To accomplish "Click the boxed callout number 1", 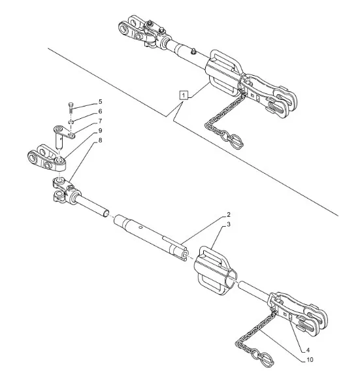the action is pyautogui.click(x=184, y=95).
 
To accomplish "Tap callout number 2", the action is pyautogui.click(x=229, y=215).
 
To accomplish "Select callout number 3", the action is pyautogui.click(x=229, y=224).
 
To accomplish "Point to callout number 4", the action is pyautogui.click(x=308, y=350).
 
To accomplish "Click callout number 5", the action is pyautogui.click(x=100, y=102).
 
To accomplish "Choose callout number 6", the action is pyautogui.click(x=100, y=111).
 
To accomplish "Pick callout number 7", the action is pyautogui.click(x=100, y=121).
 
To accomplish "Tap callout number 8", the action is pyautogui.click(x=100, y=140).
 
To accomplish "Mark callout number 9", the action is pyautogui.click(x=100, y=131).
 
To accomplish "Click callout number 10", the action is pyautogui.click(x=310, y=360).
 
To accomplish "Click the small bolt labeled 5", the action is pyautogui.click(x=71, y=108).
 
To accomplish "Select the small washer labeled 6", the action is pyautogui.click(x=71, y=122).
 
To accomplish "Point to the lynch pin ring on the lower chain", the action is pyautogui.click(x=266, y=359).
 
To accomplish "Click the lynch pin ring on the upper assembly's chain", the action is pyautogui.click(x=236, y=140).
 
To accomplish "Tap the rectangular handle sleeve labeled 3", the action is pyautogui.click(x=216, y=270).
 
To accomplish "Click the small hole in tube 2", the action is pyautogui.click(x=141, y=227).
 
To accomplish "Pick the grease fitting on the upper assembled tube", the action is pyautogui.click(x=193, y=50).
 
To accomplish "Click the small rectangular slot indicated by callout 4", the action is pyautogui.click(x=290, y=318).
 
